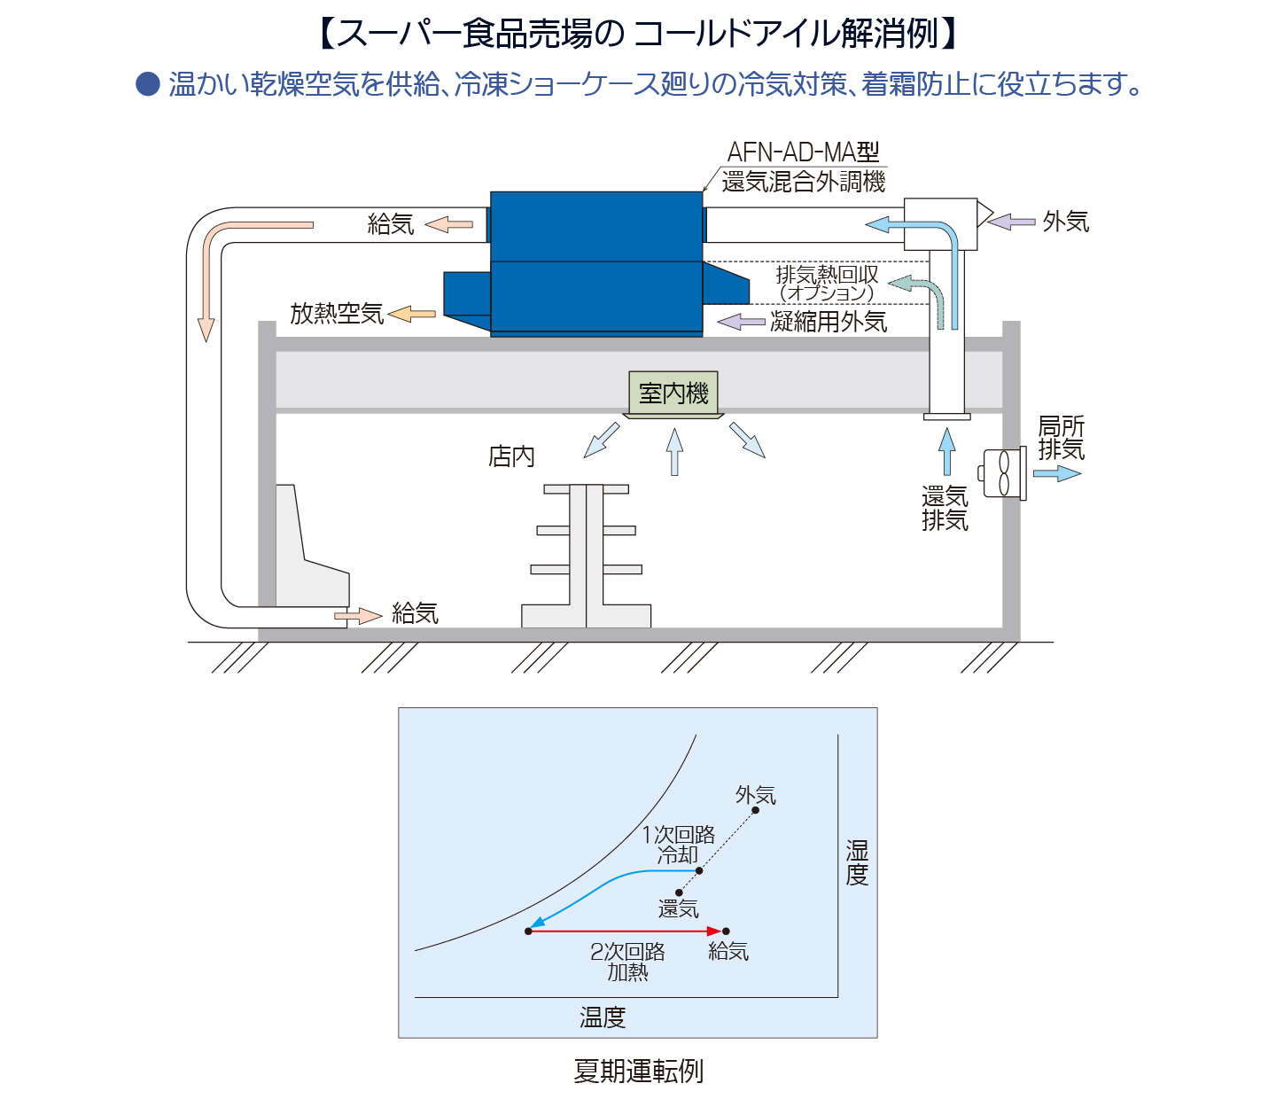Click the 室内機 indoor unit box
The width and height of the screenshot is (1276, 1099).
point(673,394)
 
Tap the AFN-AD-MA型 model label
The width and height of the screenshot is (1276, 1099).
point(803,152)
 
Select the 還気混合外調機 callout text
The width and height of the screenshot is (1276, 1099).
point(803,182)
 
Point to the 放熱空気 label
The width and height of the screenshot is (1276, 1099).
point(337,314)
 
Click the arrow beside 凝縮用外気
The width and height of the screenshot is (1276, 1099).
point(741,322)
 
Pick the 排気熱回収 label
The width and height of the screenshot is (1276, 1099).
point(828,274)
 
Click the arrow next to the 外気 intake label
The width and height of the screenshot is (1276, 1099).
point(1011,222)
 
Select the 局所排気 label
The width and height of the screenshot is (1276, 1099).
point(1062,438)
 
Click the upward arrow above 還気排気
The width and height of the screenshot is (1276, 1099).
point(946,451)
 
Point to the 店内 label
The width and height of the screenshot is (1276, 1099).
point(511,457)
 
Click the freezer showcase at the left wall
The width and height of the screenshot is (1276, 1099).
point(312,546)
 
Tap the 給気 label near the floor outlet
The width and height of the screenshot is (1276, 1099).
point(415,613)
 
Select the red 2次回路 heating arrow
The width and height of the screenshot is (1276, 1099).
point(626,931)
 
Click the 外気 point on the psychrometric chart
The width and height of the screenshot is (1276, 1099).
point(755,810)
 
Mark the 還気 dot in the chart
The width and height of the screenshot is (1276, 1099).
point(679,892)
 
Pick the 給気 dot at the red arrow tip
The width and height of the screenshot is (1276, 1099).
point(726,931)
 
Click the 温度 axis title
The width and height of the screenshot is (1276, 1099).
point(603,1017)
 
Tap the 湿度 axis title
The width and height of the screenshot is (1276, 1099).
point(857,862)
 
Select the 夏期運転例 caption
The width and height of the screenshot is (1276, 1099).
point(638,1072)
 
